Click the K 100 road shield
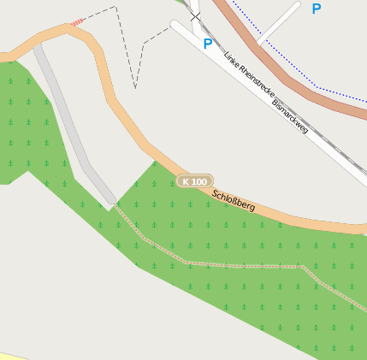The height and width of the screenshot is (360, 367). pos(194,181)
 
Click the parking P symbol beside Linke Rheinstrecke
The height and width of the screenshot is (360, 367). pos(207,43)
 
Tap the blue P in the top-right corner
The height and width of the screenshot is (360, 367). pos(317,9)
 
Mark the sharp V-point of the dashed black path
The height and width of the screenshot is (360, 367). pos(135,87)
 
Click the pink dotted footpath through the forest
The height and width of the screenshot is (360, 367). pos(240,266)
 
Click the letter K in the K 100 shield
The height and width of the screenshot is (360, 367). pos(186,181)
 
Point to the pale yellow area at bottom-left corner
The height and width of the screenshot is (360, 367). pos(17,356)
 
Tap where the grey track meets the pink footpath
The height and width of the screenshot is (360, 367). pos(113,204)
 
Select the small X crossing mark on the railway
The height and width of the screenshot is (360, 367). pos(195,15)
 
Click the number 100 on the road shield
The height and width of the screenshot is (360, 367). pos(198,181)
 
